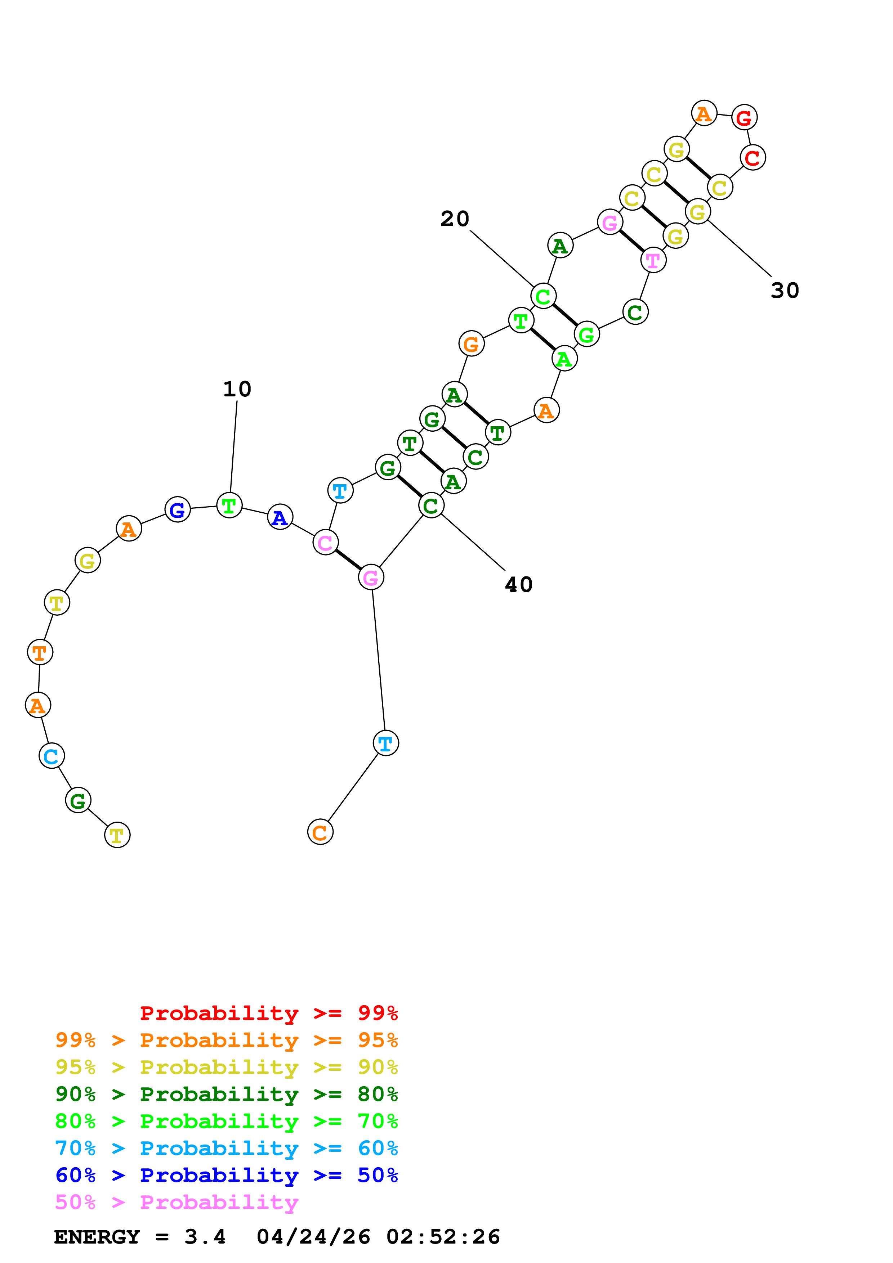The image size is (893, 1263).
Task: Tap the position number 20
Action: coord(455,219)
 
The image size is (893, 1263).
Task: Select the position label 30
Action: coord(785,291)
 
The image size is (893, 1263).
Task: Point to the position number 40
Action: coord(518,585)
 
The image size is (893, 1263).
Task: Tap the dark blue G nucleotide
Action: coord(177,510)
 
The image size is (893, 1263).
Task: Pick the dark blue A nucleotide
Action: coord(280,517)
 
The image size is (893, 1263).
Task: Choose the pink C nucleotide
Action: coord(325,543)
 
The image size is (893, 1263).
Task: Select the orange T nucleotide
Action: coord(40,653)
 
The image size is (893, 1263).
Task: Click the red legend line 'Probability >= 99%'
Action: coord(268,1013)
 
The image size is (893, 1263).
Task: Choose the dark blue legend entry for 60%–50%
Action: coord(226,1175)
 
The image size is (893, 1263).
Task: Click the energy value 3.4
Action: coord(205,1237)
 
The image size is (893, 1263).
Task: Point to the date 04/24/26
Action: coord(313,1237)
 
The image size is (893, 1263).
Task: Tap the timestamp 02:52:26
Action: coord(443,1237)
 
